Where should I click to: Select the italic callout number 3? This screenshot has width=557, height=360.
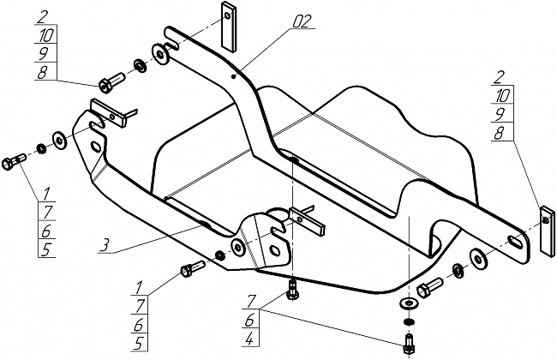coord(104,246)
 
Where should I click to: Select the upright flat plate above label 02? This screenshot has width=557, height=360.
coord(229,28)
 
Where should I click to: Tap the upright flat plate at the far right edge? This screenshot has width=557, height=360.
coord(544,231)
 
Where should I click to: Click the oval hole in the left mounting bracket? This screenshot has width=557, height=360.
coord(96,147)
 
